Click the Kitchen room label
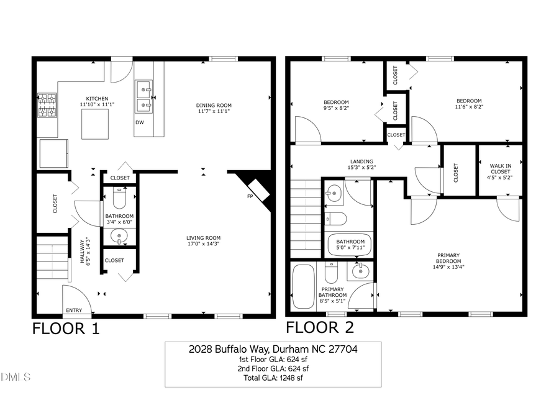pos(94,99)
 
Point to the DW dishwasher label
pos(140,122)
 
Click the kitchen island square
pos(96,125)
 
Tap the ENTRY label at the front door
pos(73,310)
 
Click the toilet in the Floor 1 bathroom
pos(119,198)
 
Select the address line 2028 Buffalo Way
pos(273,349)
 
